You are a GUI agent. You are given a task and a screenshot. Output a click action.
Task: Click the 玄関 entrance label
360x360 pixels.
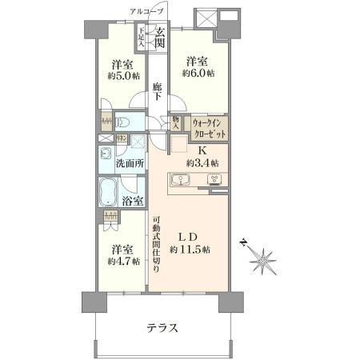[161, 38]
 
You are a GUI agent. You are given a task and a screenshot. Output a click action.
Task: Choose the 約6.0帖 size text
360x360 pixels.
[198, 73]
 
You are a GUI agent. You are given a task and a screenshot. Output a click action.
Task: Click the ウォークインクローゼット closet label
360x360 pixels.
[209, 126]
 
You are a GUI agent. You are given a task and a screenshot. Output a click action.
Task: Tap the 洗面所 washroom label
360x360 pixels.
[129, 163]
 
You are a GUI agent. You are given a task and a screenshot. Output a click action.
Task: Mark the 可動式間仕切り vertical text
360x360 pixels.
[157, 244]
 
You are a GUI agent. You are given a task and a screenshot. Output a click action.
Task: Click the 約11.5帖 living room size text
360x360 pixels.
[192, 250]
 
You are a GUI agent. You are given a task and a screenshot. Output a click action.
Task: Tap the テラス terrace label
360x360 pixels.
[162, 328]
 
